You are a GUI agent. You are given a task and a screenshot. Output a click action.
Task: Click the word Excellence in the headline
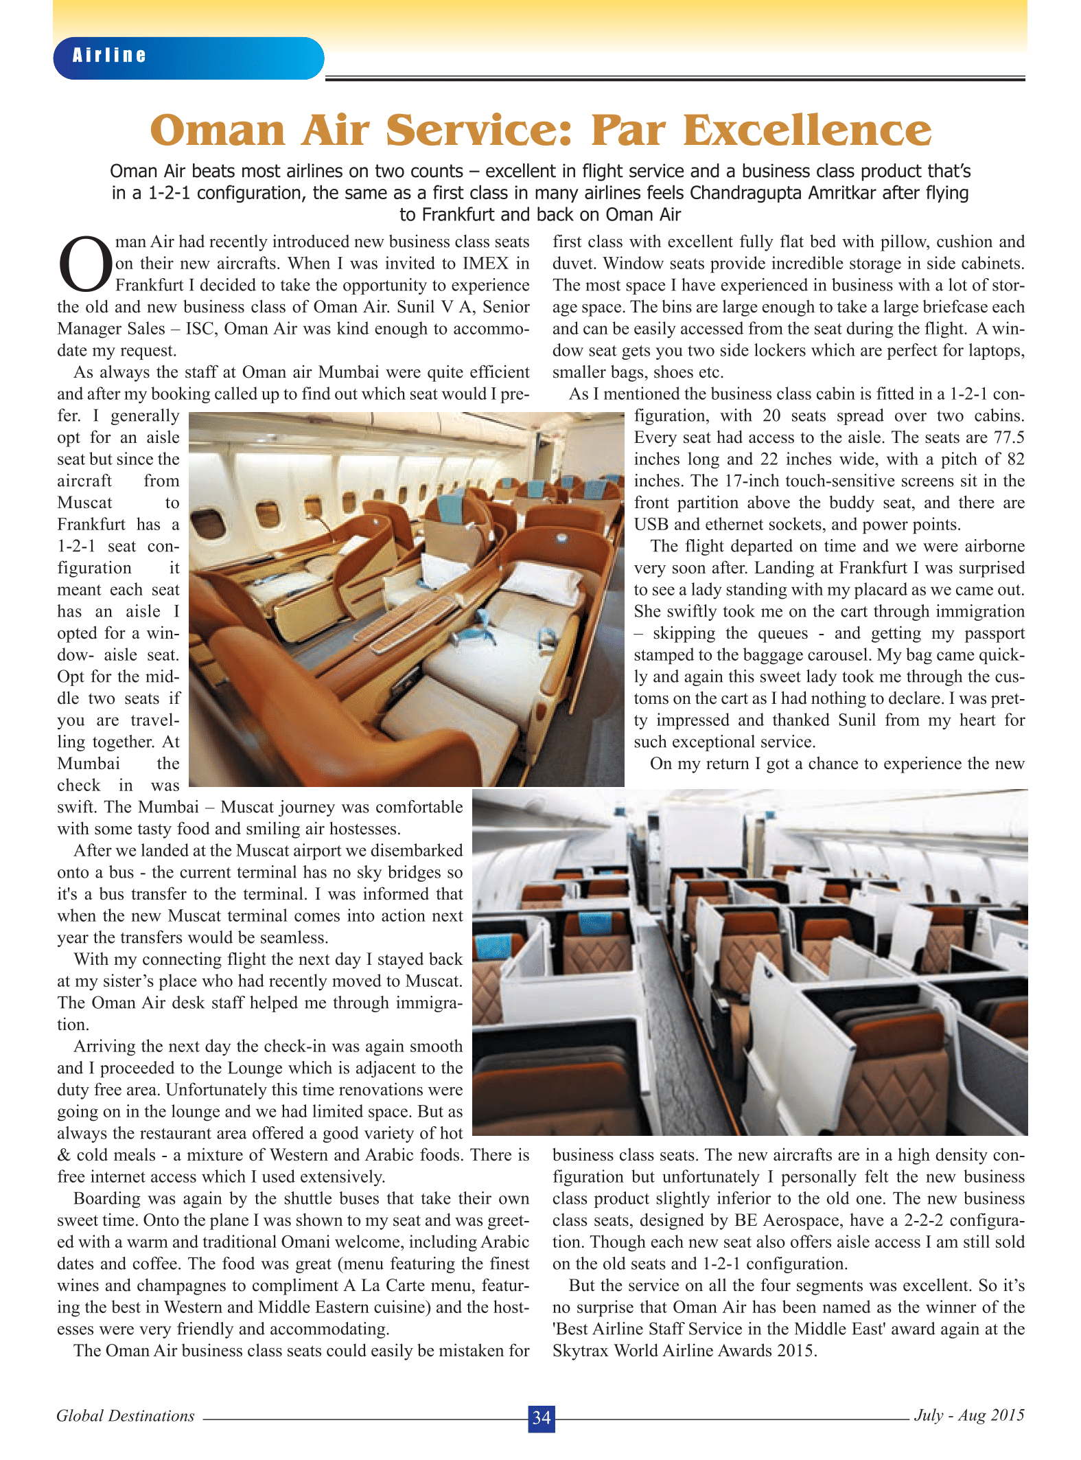pos(807,130)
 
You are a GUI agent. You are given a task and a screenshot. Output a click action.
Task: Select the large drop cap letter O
pos(85,265)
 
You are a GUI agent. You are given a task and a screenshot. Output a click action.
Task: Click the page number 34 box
pos(541,1417)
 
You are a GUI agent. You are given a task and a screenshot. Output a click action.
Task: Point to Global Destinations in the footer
pos(126,1415)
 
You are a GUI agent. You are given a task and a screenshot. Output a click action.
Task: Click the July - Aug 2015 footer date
pos(969,1415)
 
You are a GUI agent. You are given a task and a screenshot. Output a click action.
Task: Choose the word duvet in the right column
pos(574,264)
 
